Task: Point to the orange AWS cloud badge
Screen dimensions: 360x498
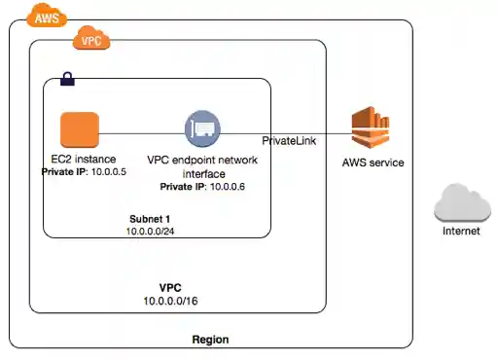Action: click(42, 17)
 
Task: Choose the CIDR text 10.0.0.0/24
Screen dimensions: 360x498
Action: click(156, 232)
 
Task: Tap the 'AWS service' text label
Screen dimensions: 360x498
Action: click(373, 162)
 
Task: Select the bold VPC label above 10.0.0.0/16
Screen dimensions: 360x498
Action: click(170, 289)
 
